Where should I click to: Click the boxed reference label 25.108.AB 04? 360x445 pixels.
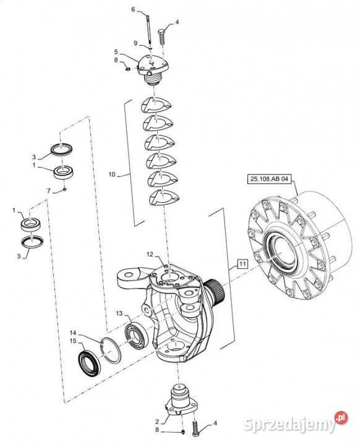(x=269, y=179)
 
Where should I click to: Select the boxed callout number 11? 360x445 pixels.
(x=242, y=264)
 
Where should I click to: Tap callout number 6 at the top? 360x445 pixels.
(x=133, y=9)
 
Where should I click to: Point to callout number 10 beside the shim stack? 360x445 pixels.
(x=112, y=174)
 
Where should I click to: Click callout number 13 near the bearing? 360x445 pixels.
(x=119, y=313)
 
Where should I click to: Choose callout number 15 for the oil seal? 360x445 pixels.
(x=74, y=341)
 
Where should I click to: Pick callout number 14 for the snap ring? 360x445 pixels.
(x=73, y=333)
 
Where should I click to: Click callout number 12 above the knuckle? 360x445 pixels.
(x=150, y=255)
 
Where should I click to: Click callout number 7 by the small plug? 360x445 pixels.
(x=49, y=191)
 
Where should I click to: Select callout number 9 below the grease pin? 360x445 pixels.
(x=135, y=43)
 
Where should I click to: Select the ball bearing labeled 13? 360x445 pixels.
(x=136, y=335)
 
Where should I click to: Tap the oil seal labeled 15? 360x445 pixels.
(x=90, y=363)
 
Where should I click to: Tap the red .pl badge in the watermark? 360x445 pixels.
(x=341, y=417)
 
